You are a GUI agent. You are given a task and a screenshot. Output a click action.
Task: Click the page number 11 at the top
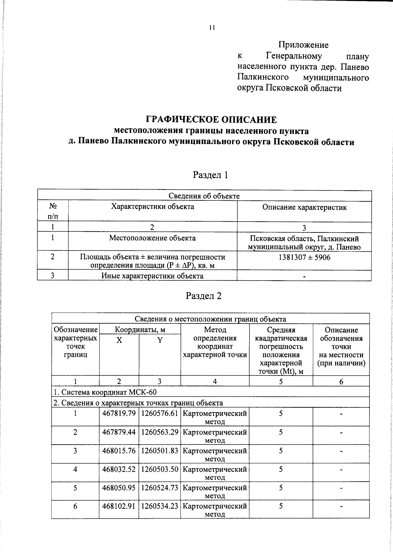click(x=212, y=28)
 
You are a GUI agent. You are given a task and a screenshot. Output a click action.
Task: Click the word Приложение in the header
click(x=303, y=45)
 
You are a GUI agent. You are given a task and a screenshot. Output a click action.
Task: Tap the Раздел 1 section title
click(x=210, y=175)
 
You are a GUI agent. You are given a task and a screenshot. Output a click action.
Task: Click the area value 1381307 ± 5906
click(x=304, y=257)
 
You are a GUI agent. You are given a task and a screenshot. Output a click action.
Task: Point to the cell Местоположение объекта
click(x=152, y=238)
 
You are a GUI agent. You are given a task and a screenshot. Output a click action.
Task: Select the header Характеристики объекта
click(x=152, y=207)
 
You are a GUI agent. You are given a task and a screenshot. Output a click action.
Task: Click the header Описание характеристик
click(x=304, y=207)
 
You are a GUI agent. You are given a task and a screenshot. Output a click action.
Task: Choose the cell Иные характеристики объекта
click(x=152, y=276)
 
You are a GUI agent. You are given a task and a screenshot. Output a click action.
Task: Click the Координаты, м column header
click(x=140, y=329)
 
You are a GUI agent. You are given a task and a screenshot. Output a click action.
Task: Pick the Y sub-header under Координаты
click(x=159, y=340)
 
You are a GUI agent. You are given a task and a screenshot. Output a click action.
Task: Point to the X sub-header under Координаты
click(x=119, y=340)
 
